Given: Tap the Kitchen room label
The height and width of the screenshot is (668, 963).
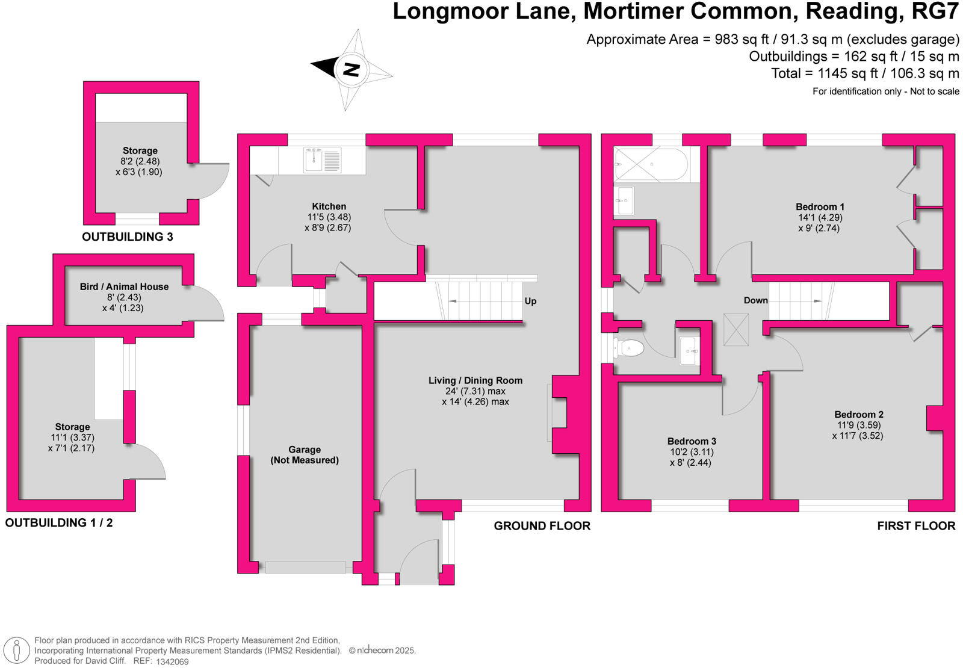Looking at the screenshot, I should pos(329,206).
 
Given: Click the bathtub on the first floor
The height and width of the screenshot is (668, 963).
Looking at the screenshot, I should pos(651,164).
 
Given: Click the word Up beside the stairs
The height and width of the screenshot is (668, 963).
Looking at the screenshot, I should pos(530,301).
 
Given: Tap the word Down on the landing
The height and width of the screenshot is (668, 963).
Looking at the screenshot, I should pos(755,300).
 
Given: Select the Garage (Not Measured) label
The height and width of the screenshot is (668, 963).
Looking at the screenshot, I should pos(305,455).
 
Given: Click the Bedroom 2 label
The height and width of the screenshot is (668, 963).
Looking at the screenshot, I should pos(858,414).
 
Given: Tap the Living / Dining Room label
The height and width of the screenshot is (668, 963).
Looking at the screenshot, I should pos(475,380).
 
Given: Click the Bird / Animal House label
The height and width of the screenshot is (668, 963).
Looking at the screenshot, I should pos(124,286).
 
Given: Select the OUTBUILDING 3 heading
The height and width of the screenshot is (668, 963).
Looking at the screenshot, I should pos(128,237).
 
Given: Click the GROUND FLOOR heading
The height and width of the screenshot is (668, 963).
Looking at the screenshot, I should pos(542,526).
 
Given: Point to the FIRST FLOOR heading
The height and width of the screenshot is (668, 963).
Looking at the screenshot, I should pos(915,526).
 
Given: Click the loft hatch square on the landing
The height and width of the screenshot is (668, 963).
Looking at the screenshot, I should pos(735,329).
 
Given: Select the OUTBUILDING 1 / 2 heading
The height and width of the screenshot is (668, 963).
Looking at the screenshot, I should pos(59,523).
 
